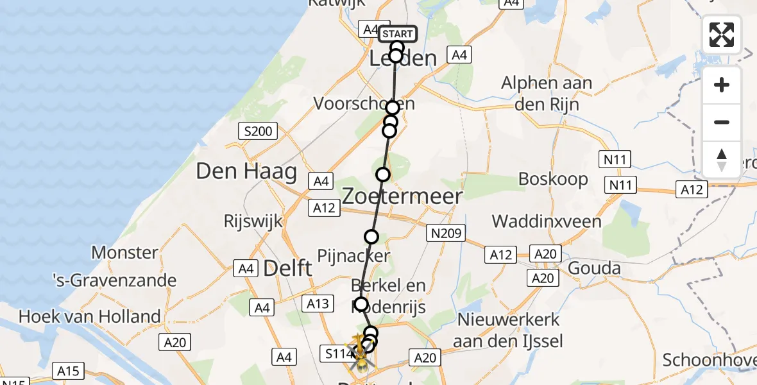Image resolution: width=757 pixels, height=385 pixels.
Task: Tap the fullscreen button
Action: point(722,35)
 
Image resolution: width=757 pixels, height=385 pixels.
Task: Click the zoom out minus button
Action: point(722,122)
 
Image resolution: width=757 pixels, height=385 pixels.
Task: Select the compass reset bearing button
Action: point(722,160)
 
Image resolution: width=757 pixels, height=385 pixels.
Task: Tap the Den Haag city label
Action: point(246,171)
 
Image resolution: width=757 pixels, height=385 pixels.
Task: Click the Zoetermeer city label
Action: point(402,196)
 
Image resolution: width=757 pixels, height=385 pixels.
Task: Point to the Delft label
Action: point(287,268)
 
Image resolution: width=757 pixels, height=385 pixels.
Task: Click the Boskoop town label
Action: point(553,179)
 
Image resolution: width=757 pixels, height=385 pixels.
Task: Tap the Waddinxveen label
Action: point(547,222)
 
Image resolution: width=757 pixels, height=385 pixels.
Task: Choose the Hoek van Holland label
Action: point(90,316)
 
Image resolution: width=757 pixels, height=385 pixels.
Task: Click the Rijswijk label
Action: point(253,222)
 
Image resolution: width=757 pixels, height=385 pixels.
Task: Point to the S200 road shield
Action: point(258,132)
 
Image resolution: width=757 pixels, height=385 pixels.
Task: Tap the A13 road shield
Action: point(318,304)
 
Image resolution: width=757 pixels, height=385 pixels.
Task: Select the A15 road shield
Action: point(67,371)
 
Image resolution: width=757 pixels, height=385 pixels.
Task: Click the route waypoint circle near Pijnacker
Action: point(371,237)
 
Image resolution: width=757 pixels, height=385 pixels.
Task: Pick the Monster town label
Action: point(125,253)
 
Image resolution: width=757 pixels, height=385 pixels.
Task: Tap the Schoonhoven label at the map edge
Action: point(709,359)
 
